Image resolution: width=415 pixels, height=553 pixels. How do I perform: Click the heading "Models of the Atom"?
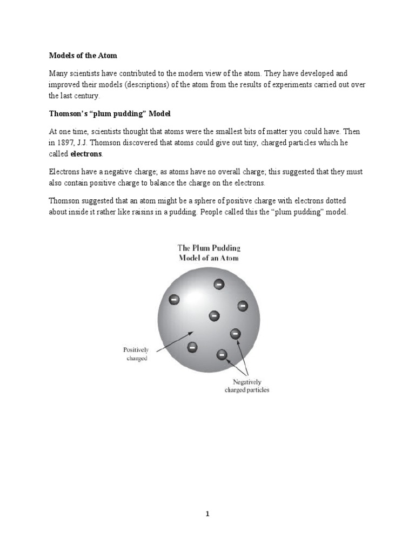(x=83, y=56)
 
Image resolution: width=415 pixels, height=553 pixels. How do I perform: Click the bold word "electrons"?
(x=86, y=154)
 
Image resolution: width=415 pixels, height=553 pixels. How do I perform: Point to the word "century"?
(x=86, y=96)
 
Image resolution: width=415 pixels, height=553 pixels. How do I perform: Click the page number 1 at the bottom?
(x=207, y=514)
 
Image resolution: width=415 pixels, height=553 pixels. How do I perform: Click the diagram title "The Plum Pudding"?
(x=209, y=248)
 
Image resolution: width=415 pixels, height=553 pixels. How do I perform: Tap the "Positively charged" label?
(x=136, y=354)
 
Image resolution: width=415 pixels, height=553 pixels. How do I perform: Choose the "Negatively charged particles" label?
(x=246, y=386)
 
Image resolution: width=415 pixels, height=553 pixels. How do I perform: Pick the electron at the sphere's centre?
(x=214, y=315)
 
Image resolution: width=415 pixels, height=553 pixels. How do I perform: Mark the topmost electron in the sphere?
(x=219, y=284)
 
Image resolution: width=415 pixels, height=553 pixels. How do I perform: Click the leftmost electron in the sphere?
(x=175, y=299)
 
